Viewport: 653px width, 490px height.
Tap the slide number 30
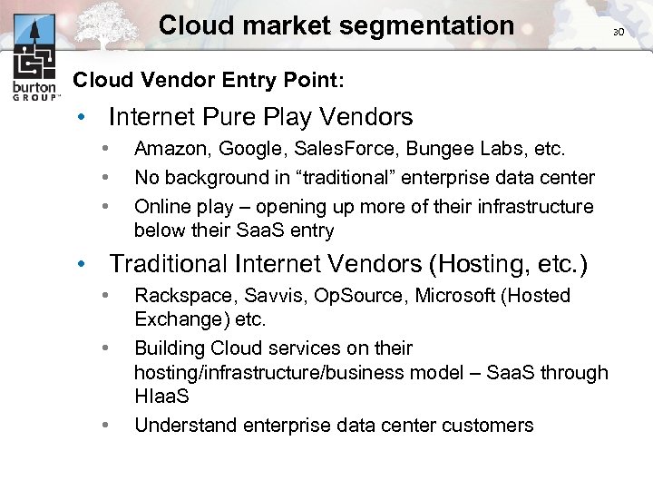coord(619,32)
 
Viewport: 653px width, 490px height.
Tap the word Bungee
coord(414,148)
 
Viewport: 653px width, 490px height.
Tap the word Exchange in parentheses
coord(173,320)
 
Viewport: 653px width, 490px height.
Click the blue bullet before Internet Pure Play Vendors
coord(82,118)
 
